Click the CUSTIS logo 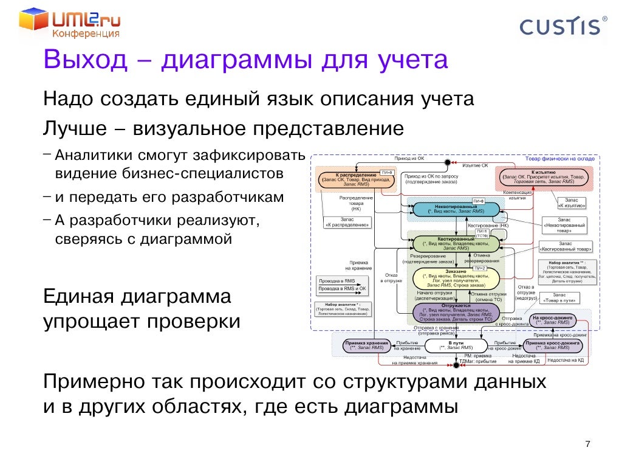pos(562,27)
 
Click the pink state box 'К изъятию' pos(535,176)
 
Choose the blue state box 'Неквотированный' pos(455,209)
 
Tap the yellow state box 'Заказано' pos(456,277)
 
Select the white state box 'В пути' pos(455,345)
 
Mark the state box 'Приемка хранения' pos(366,345)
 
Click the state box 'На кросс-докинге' pos(552,320)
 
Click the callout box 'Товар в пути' pos(559,297)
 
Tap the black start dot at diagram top pos(448,162)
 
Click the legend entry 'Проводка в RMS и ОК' pos(342,288)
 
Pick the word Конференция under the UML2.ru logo pos(85,35)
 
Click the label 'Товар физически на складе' pos(559,158)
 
